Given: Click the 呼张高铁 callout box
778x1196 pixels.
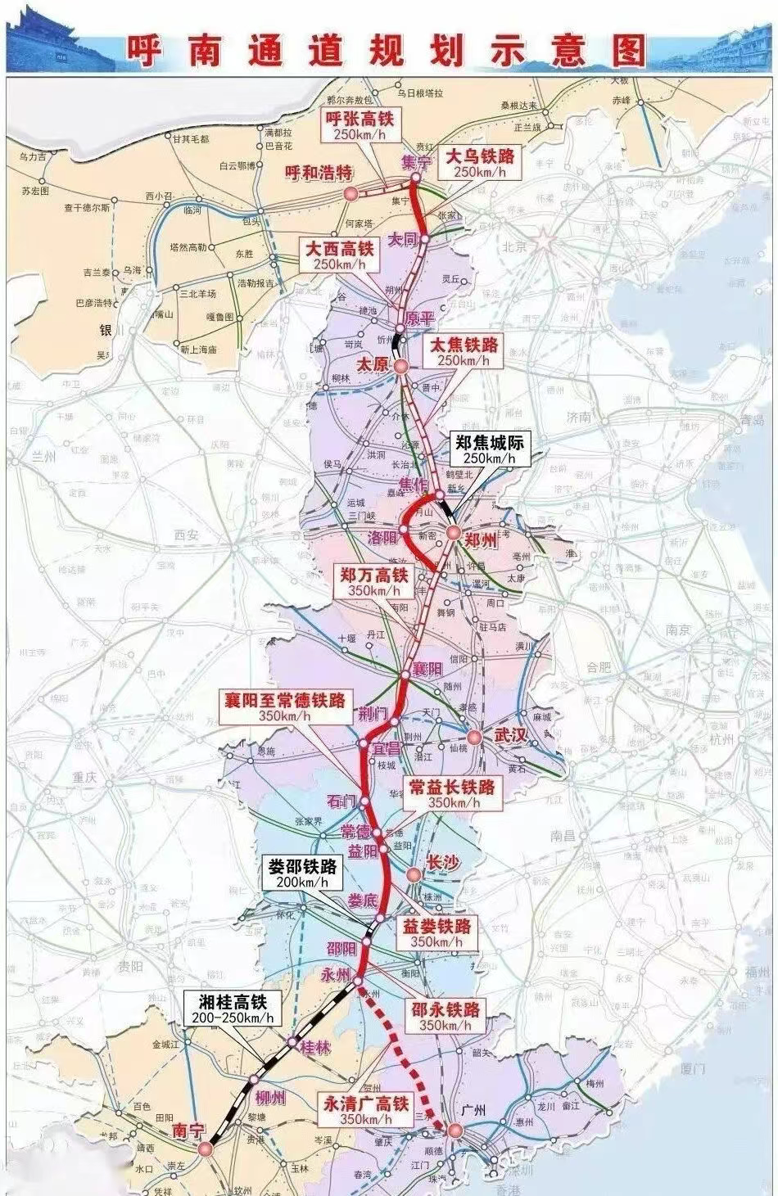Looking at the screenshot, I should coord(360,126).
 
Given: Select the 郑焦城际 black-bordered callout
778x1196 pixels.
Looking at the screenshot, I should coord(490,449).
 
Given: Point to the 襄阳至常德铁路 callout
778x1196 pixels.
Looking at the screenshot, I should coord(284,706).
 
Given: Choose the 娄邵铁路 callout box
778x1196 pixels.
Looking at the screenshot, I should coord(302,873).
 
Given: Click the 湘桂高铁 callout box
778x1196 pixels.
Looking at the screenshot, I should coord(233,1009).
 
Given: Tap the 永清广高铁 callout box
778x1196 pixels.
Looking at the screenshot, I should coord(365,1111).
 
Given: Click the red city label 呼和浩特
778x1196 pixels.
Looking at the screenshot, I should coord(318,172).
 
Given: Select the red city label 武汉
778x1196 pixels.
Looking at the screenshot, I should coord(509,734).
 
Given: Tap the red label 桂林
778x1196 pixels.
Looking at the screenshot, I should coord(315,1047).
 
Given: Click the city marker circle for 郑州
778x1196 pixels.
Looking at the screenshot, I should coord(454,533).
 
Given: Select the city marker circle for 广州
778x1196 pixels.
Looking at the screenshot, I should coord(454,1131).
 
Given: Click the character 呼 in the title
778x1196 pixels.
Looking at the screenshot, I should coord(144,50).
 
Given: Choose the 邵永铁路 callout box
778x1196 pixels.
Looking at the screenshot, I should coord(446,1017).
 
